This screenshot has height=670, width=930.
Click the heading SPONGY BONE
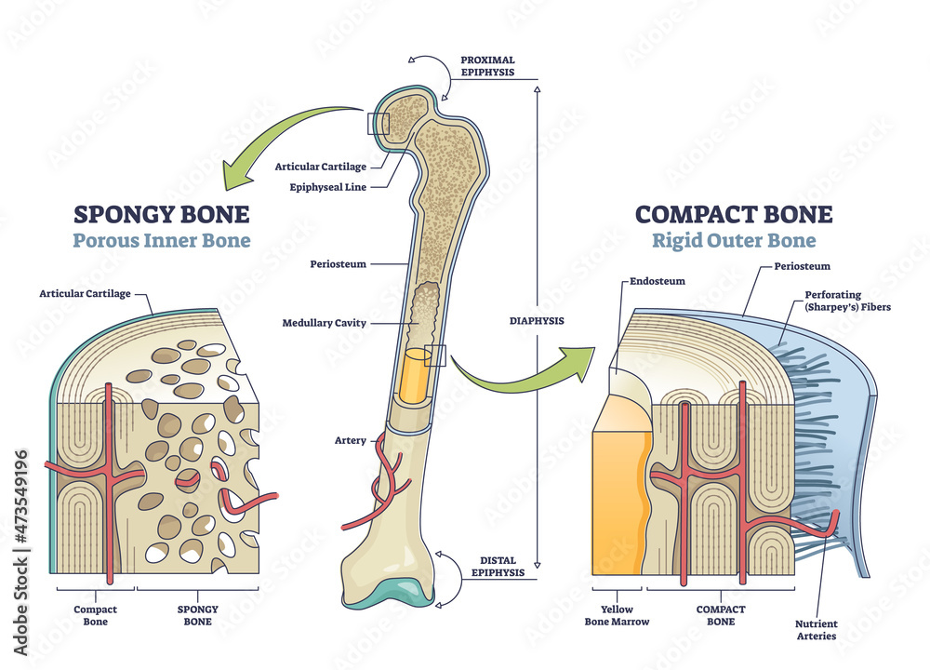click(x=161, y=215)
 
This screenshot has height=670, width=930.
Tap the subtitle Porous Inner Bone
click(x=161, y=242)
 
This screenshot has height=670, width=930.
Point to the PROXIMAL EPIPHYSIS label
click(x=488, y=66)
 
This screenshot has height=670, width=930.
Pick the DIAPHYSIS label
click(x=537, y=321)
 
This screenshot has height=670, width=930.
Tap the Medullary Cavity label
click(x=325, y=324)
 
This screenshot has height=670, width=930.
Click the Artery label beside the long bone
click(x=350, y=439)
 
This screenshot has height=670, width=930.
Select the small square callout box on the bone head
click(x=379, y=124)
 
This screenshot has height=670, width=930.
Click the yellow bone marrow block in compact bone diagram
click(x=614, y=493)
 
